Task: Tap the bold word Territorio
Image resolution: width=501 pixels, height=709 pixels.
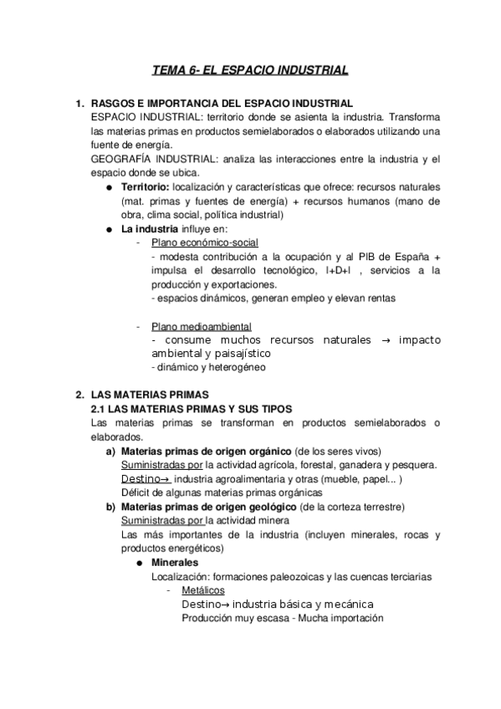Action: tap(145, 187)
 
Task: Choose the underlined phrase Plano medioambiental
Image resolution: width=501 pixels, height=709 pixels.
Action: tap(201, 326)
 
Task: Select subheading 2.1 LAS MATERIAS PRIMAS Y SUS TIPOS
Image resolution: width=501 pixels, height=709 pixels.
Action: tap(192, 408)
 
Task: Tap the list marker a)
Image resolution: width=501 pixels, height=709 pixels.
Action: tap(110, 451)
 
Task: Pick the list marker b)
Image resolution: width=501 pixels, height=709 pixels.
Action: tap(110, 507)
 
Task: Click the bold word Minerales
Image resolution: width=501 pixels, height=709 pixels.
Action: tap(175, 563)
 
